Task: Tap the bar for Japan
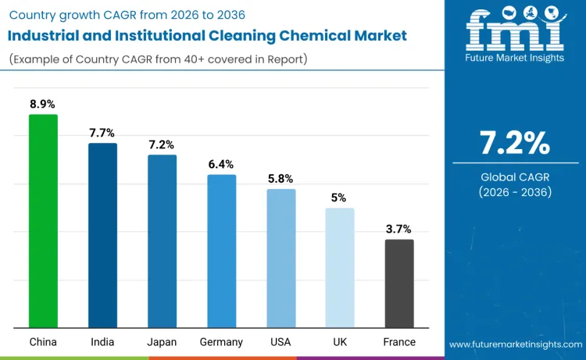162,241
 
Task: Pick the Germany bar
221,251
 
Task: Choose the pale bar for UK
340,268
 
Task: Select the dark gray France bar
399,283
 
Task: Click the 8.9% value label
43,104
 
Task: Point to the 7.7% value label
102,133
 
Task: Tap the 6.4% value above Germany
221,164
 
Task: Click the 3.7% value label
399,229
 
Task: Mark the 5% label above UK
339,198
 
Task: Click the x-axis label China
43,342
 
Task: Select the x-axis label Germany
221,342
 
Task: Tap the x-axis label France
399,342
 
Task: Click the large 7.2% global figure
515,143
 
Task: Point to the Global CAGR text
515,177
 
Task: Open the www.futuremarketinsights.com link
515,344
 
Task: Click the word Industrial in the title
46,35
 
